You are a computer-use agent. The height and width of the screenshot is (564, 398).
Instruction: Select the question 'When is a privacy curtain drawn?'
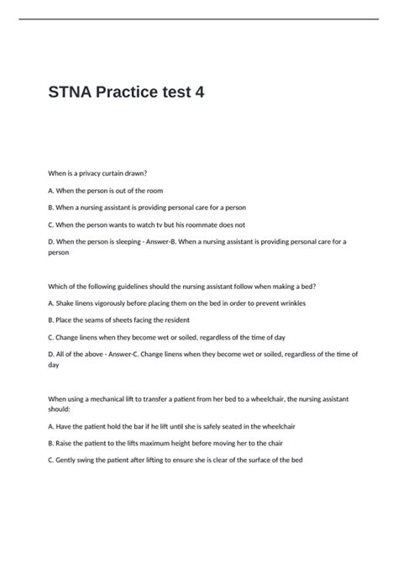click(x=98, y=173)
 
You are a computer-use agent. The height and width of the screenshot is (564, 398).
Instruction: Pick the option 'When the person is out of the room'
click(x=105, y=191)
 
